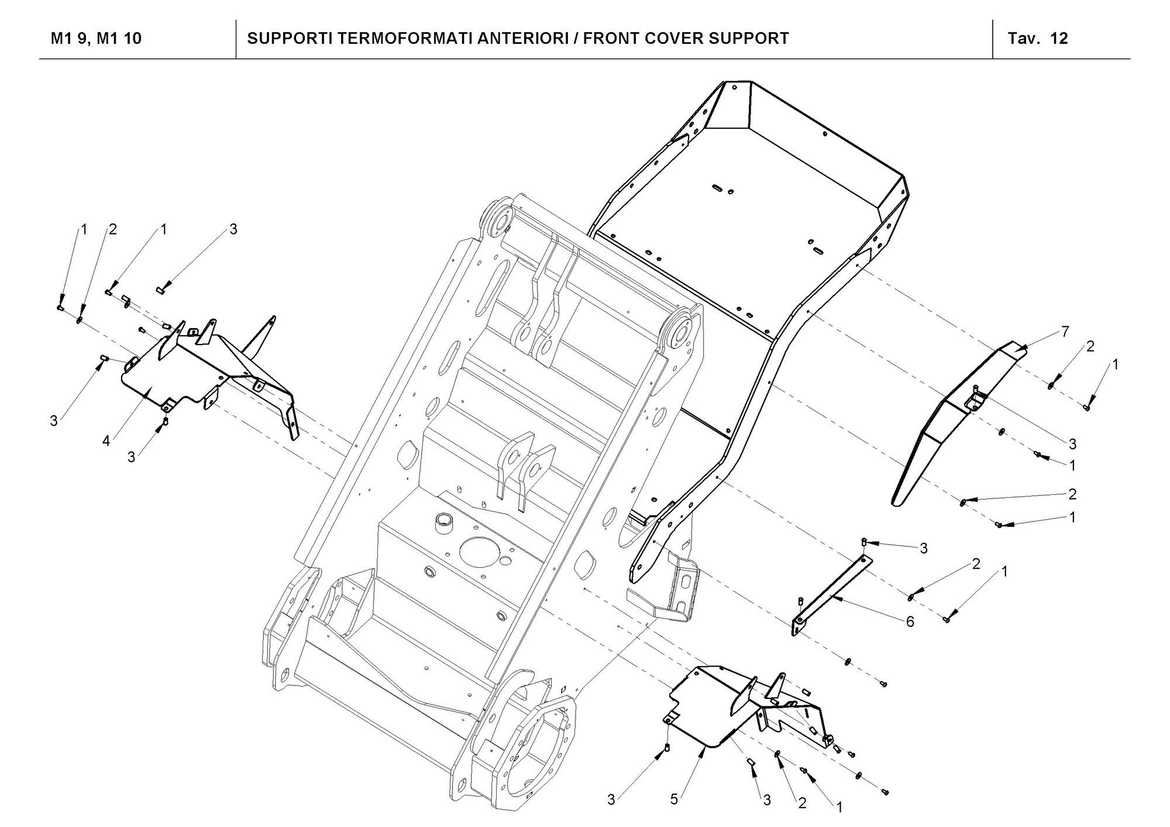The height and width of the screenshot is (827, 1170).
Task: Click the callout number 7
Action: [1065, 332]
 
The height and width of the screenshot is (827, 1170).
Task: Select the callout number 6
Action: [910, 622]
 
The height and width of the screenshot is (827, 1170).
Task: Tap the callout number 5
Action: [674, 799]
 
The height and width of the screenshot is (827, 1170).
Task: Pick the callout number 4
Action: [106, 440]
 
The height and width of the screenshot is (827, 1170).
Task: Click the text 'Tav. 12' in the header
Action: [1038, 39]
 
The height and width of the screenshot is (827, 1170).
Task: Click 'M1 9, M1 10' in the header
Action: [96, 39]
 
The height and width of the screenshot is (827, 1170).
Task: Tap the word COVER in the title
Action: [673, 39]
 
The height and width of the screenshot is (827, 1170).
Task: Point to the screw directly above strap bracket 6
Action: [864, 542]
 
